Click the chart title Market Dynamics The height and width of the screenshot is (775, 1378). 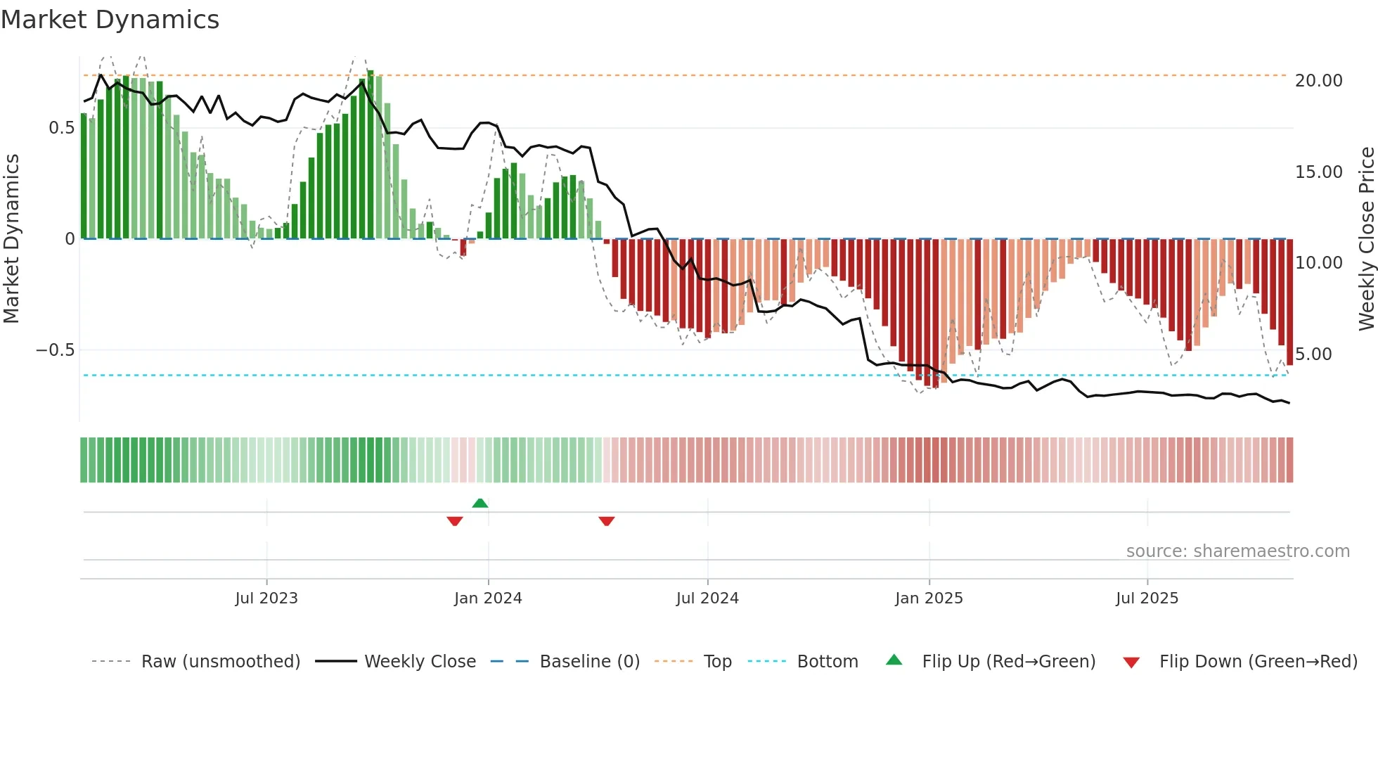[110, 20]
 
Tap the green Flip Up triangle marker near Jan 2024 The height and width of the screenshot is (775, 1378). [480, 503]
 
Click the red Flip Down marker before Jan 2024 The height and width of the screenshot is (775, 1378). [455, 521]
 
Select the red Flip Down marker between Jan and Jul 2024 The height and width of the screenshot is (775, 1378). [607, 521]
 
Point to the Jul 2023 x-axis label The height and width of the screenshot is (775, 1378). [266, 598]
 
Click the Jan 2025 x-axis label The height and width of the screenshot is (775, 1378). [929, 598]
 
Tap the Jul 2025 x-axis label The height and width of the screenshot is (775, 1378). [1147, 598]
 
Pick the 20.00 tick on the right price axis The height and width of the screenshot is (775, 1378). [1318, 81]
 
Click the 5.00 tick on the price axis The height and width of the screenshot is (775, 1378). [1313, 354]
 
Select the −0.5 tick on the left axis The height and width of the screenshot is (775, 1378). [55, 350]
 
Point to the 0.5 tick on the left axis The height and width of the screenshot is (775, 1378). [61, 128]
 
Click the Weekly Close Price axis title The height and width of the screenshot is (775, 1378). [1366, 239]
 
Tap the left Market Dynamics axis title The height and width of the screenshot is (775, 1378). [11, 239]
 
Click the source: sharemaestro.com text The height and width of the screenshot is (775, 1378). [1237, 551]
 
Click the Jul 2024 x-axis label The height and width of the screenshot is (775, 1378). [707, 598]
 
